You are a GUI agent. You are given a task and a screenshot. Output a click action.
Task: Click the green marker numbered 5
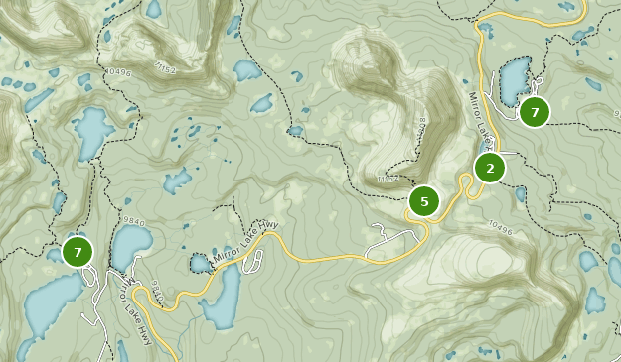[x=424, y=202]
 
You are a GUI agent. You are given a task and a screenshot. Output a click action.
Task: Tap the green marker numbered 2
[x=489, y=168]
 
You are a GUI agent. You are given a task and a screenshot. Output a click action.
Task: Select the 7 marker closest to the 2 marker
[x=535, y=112]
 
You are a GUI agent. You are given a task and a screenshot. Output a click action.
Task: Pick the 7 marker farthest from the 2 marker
[x=78, y=252]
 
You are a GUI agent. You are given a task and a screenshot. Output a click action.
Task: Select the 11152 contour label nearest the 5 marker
[x=388, y=180]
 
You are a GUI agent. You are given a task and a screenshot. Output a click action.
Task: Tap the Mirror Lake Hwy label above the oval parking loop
[x=249, y=238]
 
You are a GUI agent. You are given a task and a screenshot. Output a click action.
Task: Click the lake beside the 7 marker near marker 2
[x=514, y=79]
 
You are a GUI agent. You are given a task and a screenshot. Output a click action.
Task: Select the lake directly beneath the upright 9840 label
[x=129, y=248]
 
